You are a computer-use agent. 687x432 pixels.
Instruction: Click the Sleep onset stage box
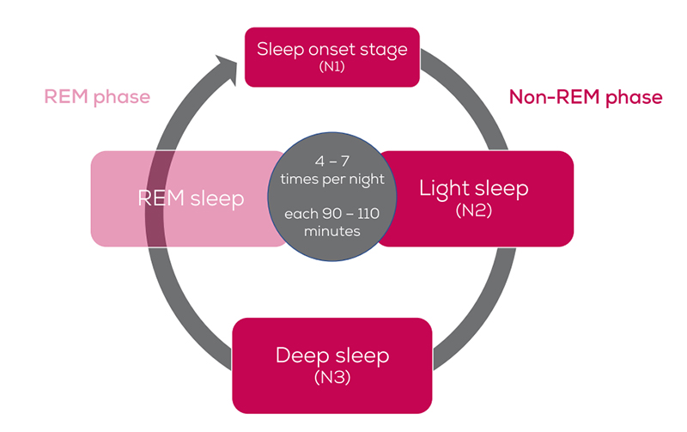point(331,57)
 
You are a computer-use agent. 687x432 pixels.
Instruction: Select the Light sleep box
point(474,198)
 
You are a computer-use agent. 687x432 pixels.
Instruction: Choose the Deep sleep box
point(331,365)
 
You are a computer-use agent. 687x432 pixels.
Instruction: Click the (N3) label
point(331,377)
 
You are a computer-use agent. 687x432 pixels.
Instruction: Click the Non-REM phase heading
point(586,97)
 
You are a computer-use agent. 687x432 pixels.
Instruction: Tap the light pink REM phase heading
point(97,96)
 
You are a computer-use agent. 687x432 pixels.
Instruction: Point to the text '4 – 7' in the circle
point(331,161)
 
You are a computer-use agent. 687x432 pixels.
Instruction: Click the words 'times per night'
point(331,178)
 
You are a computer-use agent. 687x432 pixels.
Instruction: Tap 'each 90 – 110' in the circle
point(331,214)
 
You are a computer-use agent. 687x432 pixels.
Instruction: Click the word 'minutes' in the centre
point(331,231)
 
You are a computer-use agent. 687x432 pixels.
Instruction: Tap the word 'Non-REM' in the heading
point(547,97)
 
